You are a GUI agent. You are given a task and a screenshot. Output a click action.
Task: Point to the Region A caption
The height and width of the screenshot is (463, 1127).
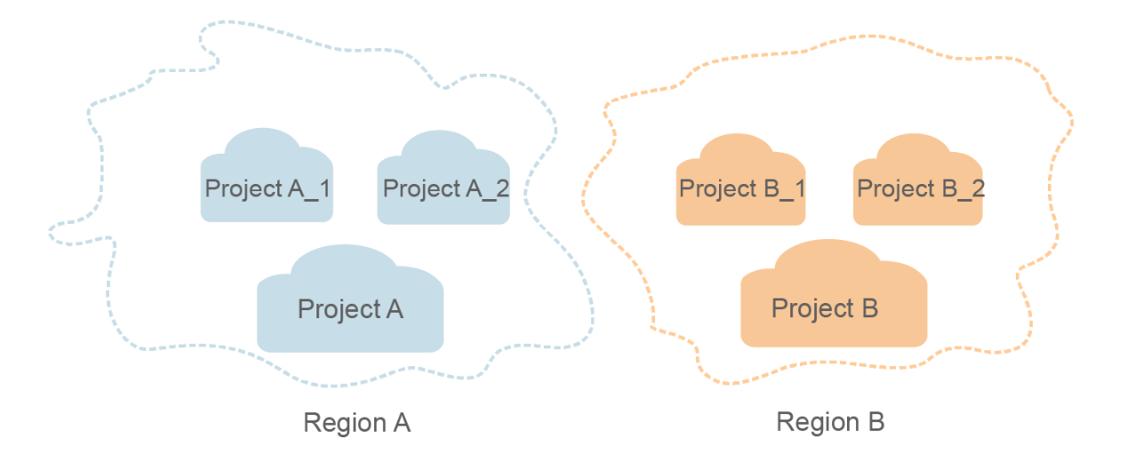pyautogui.click(x=356, y=423)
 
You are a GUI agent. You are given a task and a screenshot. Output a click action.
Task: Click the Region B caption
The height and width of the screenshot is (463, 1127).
pyautogui.click(x=830, y=422)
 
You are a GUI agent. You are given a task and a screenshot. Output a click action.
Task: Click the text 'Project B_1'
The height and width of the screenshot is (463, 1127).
pyautogui.click(x=742, y=189)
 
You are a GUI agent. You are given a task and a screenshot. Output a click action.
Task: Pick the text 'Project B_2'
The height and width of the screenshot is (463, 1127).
pyautogui.click(x=921, y=189)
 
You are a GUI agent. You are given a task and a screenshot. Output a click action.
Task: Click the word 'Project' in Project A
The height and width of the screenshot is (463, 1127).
pyautogui.click(x=337, y=309)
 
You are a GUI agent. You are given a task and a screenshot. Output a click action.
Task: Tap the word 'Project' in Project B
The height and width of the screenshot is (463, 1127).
pyautogui.click(x=811, y=308)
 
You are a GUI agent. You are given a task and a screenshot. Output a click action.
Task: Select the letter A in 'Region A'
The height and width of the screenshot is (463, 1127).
pyautogui.click(x=402, y=423)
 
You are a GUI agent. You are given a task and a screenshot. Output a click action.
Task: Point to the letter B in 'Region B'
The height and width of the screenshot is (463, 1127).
pyautogui.click(x=875, y=422)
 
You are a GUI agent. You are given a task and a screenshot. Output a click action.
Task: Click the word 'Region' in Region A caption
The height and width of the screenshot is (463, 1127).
pyautogui.click(x=342, y=423)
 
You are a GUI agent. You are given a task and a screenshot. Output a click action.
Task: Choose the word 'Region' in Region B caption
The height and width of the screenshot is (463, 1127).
pyautogui.click(x=816, y=422)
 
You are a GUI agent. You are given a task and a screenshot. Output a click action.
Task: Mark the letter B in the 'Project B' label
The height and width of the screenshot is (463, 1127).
pyautogui.click(x=868, y=308)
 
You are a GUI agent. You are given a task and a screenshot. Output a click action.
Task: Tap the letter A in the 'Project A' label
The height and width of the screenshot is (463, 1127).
pyautogui.click(x=394, y=309)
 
